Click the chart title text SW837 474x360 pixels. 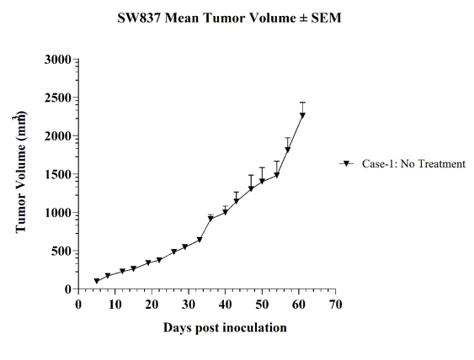(x=140, y=18)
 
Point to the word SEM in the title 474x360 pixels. (x=326, y=18)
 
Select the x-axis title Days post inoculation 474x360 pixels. (x=225, y=328)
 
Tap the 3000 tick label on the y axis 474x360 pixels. (x=58, y=60)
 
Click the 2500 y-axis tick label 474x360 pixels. (x=58, y=98)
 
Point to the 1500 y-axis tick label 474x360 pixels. (x=58, y=174)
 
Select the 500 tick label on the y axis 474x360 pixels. (x=61, y=251)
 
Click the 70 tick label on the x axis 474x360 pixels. (x=336, y=304)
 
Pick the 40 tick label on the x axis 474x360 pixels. (x=225, y=304)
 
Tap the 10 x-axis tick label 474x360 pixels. (x=115, y=304)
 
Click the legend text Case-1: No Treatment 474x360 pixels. (x=414, y=164)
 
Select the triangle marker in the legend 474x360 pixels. (x=346, y=164)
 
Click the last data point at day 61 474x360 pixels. (x=302, y=115)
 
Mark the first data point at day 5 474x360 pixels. (x=97, y=281)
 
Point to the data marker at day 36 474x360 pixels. (x=210, y=219)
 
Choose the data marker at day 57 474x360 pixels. (x=288, y=150)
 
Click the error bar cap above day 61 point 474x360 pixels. (x=302, y=103)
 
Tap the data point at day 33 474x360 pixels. (x=200, y=240)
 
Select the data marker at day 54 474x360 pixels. (x=277, y=175)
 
